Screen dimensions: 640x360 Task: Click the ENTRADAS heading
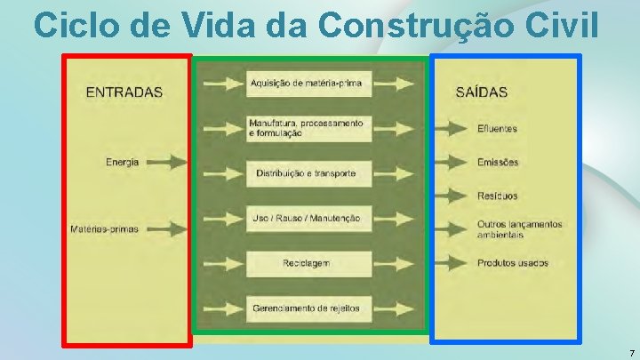pyautogui.click(x=124, y=92)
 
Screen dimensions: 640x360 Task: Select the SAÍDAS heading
pyautogui.click(x=481, y=92)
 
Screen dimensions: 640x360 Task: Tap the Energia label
pyautogui.click(x=122, y=163)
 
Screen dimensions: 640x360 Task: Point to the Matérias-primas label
pyautogui.click(x=105, y=229)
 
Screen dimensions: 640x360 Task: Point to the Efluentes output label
pyautogui.click(x=497, y=129)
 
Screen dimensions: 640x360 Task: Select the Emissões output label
pyautogui.click(x=498, y=163)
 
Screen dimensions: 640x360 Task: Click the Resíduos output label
pyautogui.click(x=498, y=196)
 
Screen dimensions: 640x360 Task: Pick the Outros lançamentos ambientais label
pyautogui.click(x=519, y=229)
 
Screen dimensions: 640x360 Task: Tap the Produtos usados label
pyautogui.click(x=513, y=263)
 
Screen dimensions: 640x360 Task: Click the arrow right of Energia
pyautogui.click(x=166, y=163)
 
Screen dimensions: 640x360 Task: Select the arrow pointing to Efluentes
pyautogui.click(x=453, y=129)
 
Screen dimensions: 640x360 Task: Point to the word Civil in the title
pyautogui.click(x=562, y=25)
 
